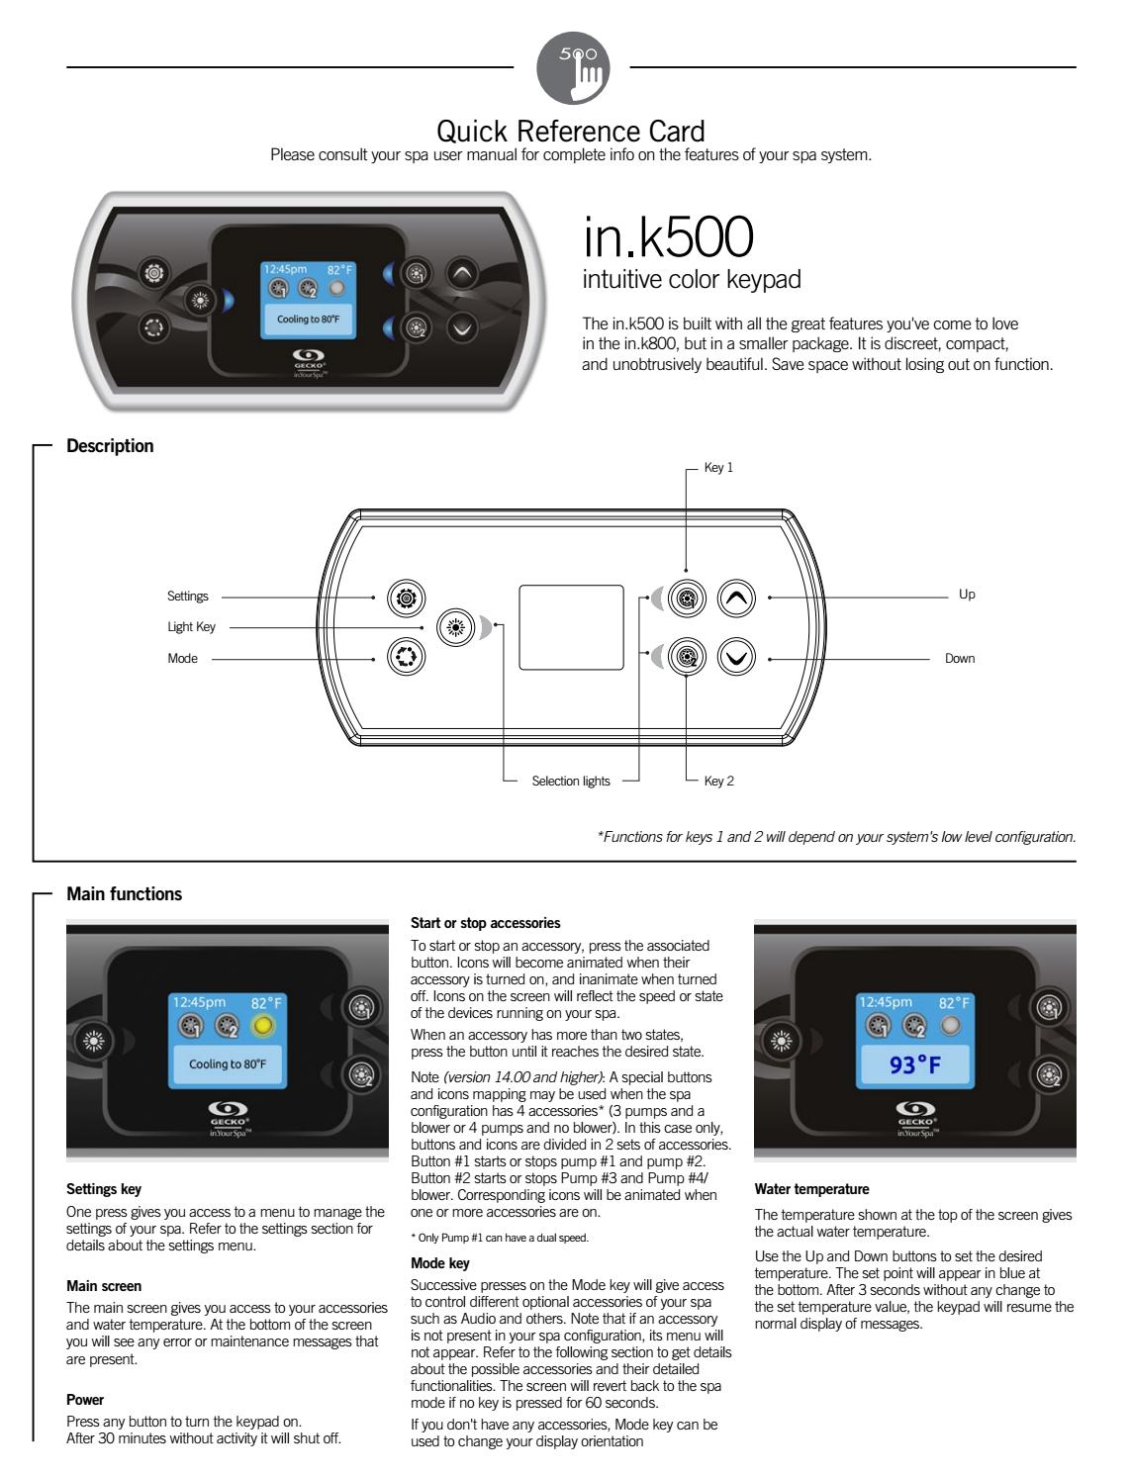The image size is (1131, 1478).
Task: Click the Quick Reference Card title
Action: click(571, 131)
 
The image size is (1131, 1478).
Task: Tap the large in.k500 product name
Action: click(668, 235)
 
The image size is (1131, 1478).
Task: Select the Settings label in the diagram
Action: click(188, 597)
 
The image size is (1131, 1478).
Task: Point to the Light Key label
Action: click(191, 627)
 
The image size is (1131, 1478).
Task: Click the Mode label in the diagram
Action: click(182, 659)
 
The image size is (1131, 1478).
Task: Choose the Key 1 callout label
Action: click(718, 468)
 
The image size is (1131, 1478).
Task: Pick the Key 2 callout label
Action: click(718, 782)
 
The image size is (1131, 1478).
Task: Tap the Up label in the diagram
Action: click(967, 595)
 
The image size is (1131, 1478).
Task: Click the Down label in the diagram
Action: click(960, 659)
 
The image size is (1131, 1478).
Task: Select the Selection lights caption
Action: click(571, 782)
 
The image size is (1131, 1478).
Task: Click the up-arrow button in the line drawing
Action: click(736, 598)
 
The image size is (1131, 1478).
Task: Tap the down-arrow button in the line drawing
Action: click(736, 657)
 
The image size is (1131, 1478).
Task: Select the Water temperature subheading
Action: click(811, 1189)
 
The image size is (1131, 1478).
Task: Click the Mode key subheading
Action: click(440, 1263)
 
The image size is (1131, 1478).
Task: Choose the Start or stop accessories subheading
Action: click(485, 923)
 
